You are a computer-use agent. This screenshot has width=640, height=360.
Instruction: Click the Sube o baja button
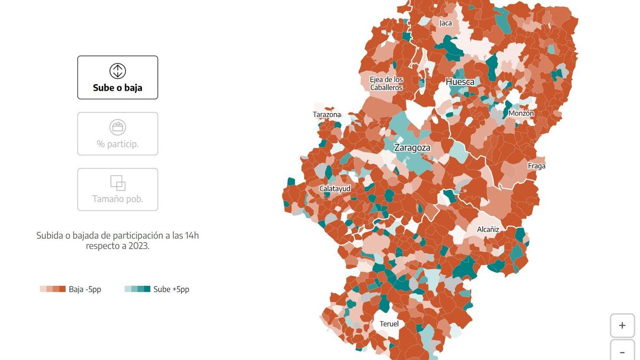tap(117, 78)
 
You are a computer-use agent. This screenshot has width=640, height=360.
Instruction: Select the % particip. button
tap(117, 134)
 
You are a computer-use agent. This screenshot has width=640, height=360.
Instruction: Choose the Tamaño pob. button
tap(117, 190)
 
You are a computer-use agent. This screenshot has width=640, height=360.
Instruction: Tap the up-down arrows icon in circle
tap(117, 71)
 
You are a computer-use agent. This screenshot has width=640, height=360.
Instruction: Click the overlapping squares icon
tap(117, 183)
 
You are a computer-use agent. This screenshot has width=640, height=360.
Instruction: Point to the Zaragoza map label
tap(412, 148)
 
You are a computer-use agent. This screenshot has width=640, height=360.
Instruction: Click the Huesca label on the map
tap(460, 82)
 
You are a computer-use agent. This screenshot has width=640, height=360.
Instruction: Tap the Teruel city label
tap(389, 324)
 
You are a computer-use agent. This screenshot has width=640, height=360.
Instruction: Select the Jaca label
tap(445, 23)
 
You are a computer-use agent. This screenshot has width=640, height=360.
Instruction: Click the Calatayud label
tap(334, 189)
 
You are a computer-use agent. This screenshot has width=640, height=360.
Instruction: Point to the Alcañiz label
tap(487, 229)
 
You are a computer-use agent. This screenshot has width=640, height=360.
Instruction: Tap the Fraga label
tap(537, 166)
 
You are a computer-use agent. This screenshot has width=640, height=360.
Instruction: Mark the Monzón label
tap(521, 114)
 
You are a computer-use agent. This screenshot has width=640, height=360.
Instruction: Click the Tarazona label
tap(326, 115)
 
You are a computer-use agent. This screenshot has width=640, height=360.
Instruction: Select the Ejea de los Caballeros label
tap(386, 83)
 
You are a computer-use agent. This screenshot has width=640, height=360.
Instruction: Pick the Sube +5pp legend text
tap(171, 290)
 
